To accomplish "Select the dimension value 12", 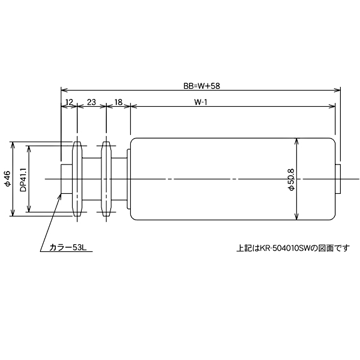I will point(69,103).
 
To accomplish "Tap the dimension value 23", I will point(91,103).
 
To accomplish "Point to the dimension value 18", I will point(118,103).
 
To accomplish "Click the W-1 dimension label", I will point(201,103).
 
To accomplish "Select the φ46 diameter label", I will point(7,179).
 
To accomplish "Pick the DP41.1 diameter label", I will point(23,179).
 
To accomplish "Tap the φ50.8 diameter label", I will point(291,179).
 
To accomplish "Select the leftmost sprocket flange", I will point(77,179).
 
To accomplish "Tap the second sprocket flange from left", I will point(106,179).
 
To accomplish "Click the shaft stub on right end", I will point(338,179).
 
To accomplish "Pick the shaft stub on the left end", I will point(66,179).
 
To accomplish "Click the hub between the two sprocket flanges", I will point(91,179).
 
